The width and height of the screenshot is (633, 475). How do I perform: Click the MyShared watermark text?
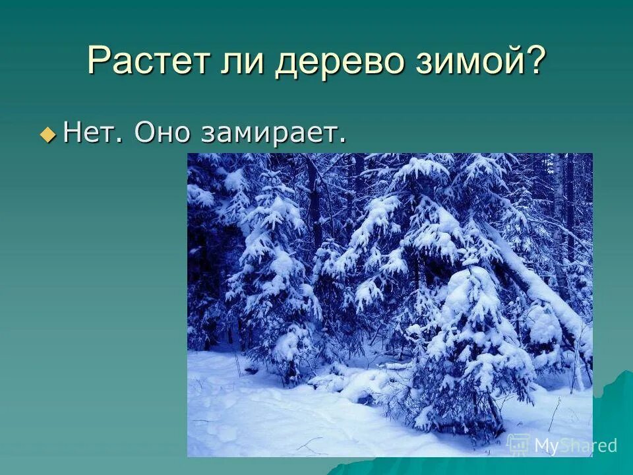575,445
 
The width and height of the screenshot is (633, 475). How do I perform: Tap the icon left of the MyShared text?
518,444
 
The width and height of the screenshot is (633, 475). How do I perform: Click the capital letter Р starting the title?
98,61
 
